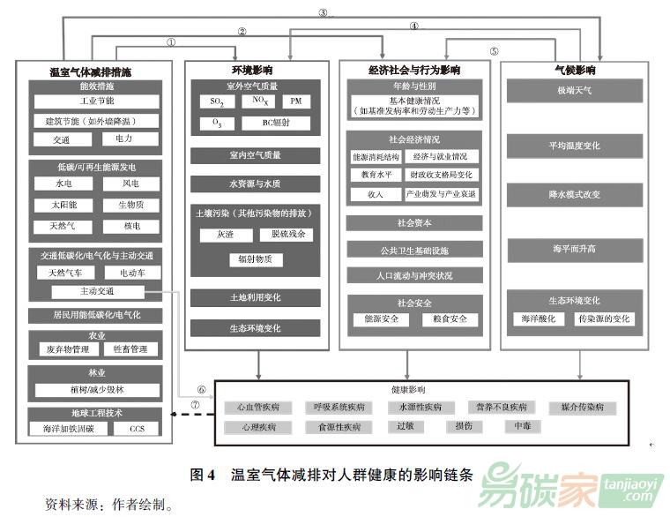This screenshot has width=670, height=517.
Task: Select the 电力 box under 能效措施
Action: pyautogui.click(x=123, y=139)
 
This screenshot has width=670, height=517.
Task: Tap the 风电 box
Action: pyautogui.click(x=130, y=184)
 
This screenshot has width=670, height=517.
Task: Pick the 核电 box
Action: pyautogui.click(x=130, y=226)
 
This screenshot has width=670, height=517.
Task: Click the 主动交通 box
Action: pyautogui.click(x=96, y=291)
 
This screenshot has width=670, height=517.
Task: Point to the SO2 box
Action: pyautogui.click(x=217, y=102)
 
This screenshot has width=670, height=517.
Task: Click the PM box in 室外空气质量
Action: pyautogui.click(x=295, y=102)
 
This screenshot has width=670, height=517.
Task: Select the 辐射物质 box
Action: pyautogui.click(x=256, y=258)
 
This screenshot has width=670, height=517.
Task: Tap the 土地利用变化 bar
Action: pyautogui.click(x=256, y=297)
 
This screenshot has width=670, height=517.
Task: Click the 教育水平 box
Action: pyautogui.click(x=376, y=175)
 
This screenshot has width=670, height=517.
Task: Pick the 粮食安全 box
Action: pyautogui.click(x=450, y=319)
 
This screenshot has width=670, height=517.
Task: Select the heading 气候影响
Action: pyautogui.click(x=575, y=69)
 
